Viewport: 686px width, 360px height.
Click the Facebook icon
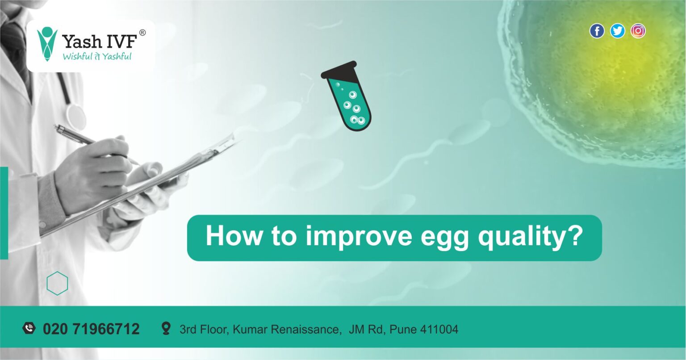(597, 31)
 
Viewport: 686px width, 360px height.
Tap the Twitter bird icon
(617, 31)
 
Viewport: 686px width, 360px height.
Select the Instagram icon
(638, 31)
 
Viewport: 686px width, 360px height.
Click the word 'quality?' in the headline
(531, 237)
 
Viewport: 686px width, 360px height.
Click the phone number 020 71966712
(91, 330)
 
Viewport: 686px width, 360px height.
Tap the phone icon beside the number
(29, 329)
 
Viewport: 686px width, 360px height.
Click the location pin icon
(166, 329)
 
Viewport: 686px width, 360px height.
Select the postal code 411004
(441, 330)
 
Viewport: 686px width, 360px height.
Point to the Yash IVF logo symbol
(47, 43)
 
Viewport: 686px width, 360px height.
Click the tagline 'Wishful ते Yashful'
(97, 56)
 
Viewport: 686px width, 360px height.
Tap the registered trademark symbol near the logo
(142, 33)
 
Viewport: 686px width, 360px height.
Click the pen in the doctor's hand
(85, 139)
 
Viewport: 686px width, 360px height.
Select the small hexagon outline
(57, 283)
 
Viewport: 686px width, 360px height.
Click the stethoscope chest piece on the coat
(76, 116)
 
